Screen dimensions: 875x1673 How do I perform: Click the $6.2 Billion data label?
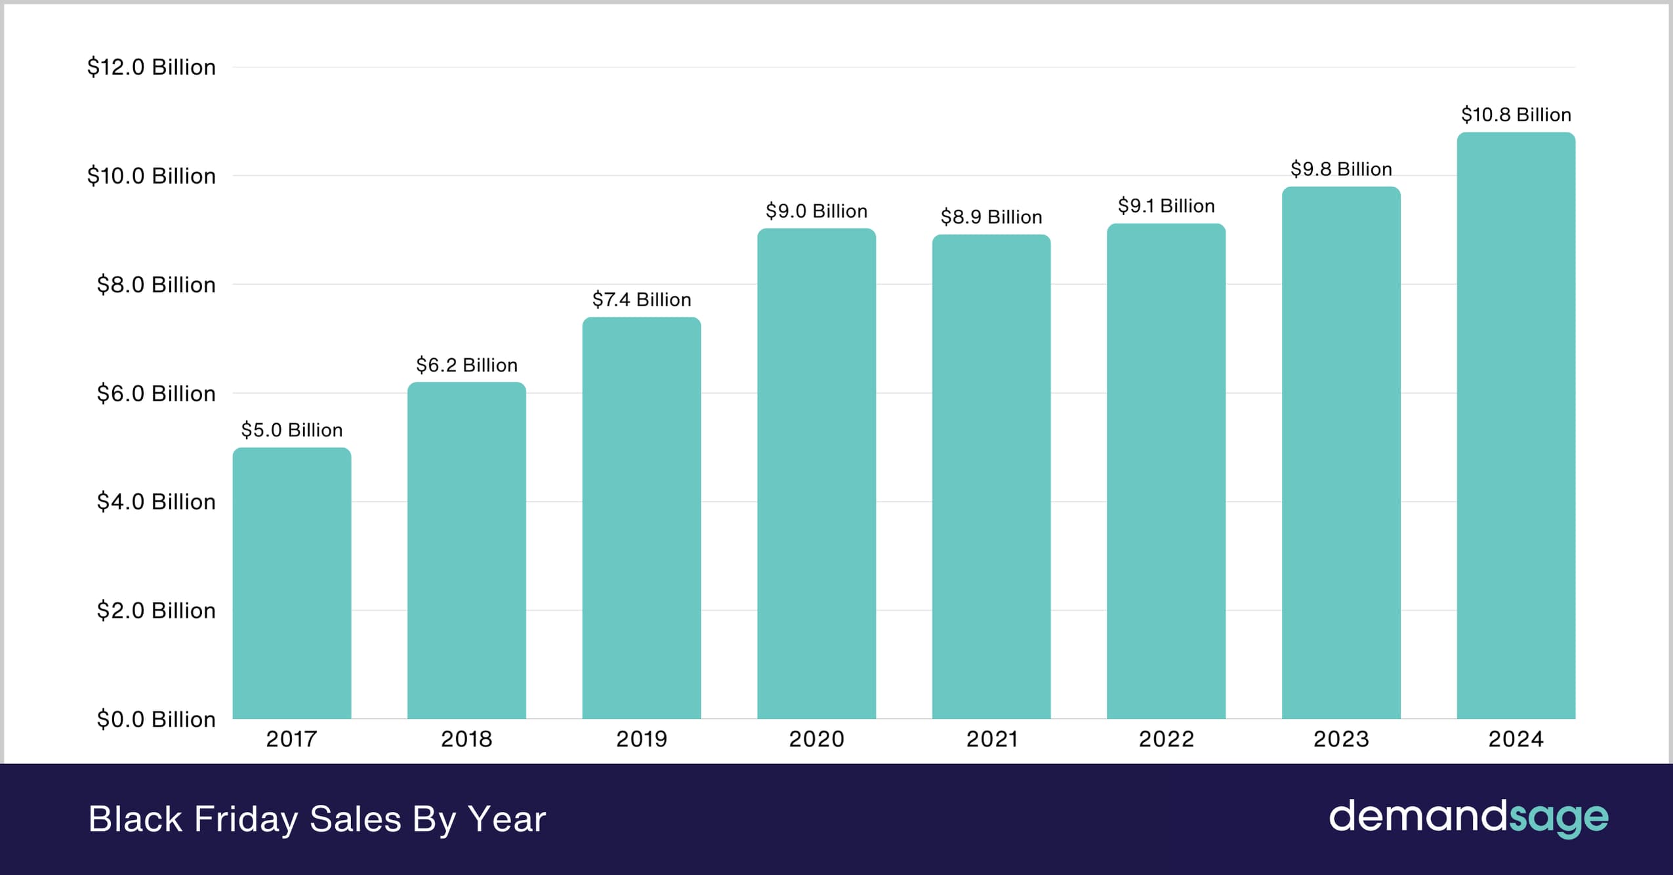coord(466,365)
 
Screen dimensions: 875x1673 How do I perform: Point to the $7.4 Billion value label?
coord(641,300)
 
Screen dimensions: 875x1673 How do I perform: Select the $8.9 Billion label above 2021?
coord(991,217)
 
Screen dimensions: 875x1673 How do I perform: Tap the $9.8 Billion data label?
coord(1340,169)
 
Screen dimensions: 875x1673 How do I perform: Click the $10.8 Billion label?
coord(1516,115)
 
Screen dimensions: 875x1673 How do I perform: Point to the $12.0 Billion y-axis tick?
coord(151,67)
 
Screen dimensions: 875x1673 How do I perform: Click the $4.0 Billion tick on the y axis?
coord(155,502)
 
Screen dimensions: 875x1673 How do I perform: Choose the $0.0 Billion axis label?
coord(155,720)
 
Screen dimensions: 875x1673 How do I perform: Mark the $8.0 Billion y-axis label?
coord(155,285)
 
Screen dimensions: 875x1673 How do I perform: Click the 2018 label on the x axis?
coord(466,739)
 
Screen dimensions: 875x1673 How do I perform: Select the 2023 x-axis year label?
coord(1340,739)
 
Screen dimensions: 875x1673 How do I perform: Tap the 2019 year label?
coord(641,739)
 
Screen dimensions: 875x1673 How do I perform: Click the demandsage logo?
coord(1468,818)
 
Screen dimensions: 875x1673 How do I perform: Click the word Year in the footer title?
coord(506,819)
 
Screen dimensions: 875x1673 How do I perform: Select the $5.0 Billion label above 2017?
coord(292,430)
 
